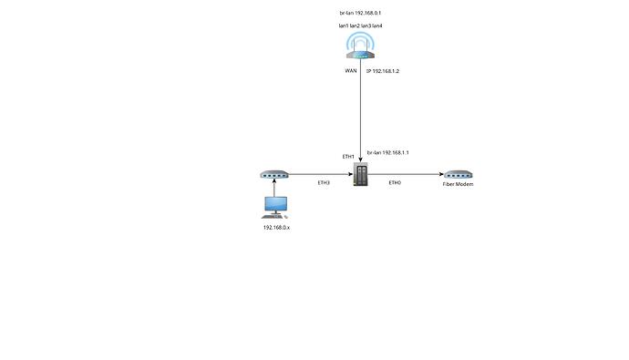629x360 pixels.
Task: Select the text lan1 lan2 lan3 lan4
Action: point(361,27)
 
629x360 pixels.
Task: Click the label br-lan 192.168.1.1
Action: point(387,153)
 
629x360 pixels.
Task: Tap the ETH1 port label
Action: point(347,157)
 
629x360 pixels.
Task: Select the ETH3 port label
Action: point(323,183)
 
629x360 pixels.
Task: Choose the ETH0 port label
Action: point(395,183)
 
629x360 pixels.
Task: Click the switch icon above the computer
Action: point(274,174)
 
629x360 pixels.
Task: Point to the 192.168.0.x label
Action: point(275,227)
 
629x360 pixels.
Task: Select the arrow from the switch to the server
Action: point(319,174)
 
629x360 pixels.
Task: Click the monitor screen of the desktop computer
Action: point(274,205)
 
